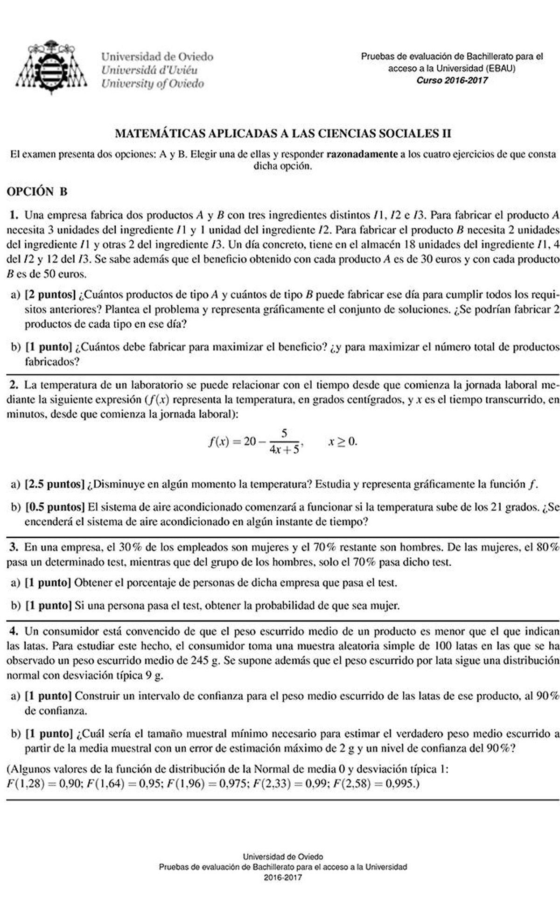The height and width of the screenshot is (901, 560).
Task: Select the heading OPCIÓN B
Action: (37, 191)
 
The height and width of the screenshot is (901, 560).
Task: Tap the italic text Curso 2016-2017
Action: (452, 80)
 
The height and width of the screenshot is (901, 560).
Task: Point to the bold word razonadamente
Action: (362, 154)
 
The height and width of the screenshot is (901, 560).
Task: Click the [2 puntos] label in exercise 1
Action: (50, 295)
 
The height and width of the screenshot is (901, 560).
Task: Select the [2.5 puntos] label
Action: (55, 484)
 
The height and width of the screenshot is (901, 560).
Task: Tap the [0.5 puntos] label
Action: (55, 507)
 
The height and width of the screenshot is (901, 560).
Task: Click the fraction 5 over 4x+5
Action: (284, 442)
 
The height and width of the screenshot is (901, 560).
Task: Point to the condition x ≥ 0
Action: (342, 441)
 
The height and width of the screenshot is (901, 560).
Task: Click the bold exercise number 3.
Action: (14, 547)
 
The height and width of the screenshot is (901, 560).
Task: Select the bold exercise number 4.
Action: (14, 632)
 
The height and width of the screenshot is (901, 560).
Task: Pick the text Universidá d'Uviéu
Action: (149, 70)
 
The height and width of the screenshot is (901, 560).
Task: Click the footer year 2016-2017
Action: (283, 877)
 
